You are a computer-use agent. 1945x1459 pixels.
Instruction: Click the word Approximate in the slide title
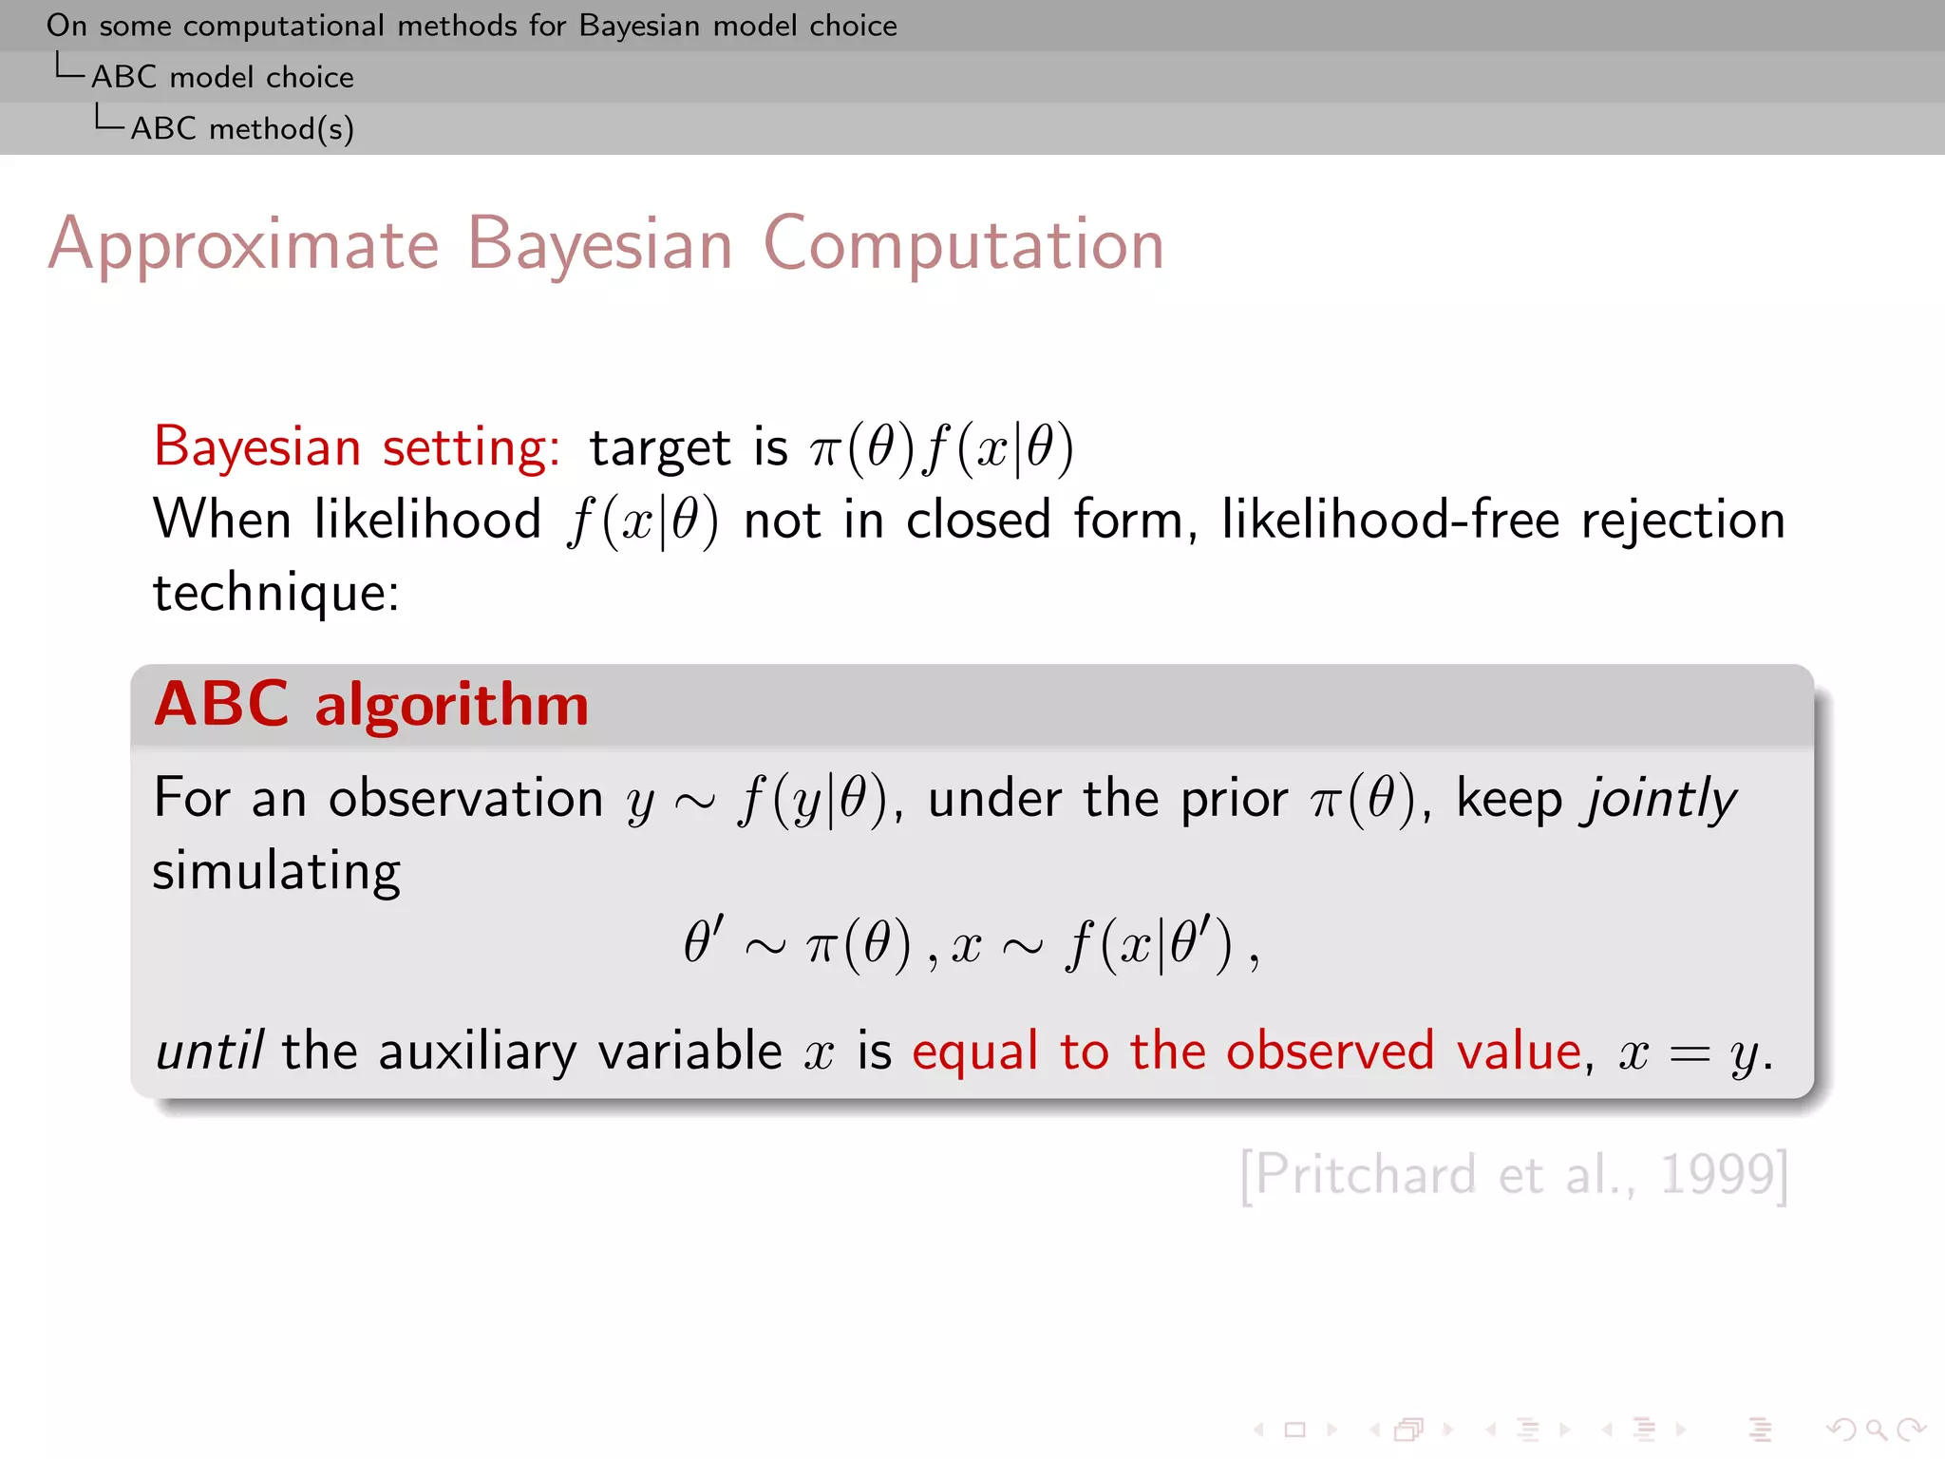[x=243, y=245]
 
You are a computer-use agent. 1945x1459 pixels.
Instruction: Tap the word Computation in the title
[x=963, y=245]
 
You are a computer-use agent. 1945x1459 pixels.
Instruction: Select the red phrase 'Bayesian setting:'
[x=357, y=446]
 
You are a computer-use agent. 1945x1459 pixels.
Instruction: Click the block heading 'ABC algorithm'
[x=371, y=705]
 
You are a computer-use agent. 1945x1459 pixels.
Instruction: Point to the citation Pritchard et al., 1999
[x=1514, y=1175]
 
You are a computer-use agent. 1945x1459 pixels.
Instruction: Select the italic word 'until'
[x=209, y=1052]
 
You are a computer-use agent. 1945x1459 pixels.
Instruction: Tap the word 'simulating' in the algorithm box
[x=276, y=871]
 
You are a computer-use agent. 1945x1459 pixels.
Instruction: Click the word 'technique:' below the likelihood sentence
[x=276, y=593]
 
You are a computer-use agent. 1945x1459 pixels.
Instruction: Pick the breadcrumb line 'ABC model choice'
[x=222, y=77]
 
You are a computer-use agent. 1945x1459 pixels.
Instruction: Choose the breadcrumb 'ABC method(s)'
[x=242, y=128]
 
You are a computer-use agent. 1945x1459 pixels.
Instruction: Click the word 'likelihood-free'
[x=1390, y=521]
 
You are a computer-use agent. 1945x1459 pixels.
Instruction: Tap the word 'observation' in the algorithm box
[x=465, y=799]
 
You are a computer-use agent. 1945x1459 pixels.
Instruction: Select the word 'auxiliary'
[x=477, y=1052]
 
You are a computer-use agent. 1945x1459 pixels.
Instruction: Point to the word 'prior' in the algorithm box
[x=1234, y=799]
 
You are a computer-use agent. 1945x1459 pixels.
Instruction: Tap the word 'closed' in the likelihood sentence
[x=978, y=521]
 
